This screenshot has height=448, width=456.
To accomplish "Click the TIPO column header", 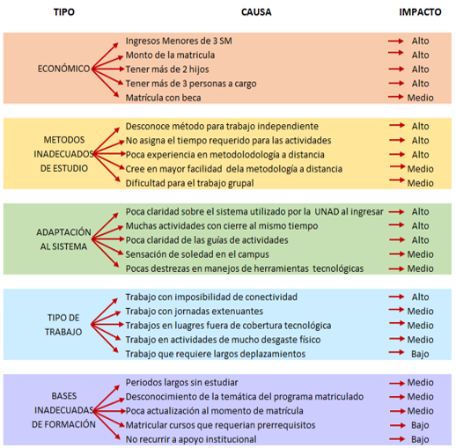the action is [x=64, y=12].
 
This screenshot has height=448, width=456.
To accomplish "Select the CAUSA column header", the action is [x=256, y=12].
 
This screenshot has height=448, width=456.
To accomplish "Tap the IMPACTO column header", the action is [x=420, y=12].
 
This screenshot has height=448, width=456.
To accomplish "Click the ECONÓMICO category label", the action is [x=63, y=69].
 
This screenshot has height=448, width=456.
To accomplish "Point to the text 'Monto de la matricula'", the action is [x=170, y=55].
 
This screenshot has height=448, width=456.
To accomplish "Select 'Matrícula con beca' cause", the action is [x=163, y=98].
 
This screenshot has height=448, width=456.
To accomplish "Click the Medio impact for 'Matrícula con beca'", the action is [x=420, y=98].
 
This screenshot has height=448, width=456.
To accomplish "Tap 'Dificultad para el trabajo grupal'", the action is [x=189, y=183].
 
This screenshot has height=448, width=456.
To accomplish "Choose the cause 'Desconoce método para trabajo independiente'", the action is [x=222, y=126].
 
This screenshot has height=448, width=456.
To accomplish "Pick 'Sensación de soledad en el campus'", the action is [x=197, y=254].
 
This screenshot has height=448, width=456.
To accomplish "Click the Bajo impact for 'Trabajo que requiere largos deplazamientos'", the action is [x=420, y=354].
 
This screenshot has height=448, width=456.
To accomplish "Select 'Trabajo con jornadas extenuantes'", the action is [x=195, y=311].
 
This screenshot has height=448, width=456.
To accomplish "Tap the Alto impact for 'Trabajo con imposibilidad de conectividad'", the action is [x=420, y=297].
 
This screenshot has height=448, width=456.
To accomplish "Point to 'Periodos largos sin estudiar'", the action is [x=181, y=382].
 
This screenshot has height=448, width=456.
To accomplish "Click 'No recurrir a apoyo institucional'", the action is [x=191, y=439].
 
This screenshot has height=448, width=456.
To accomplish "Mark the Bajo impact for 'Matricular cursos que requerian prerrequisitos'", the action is [x=420, y=425].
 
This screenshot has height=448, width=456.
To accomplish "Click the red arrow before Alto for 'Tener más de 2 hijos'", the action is [x=396, y=70].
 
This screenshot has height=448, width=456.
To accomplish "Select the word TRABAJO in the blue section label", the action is [x=63, y=332].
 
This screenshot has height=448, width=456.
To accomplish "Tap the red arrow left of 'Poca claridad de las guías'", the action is [x=107, y=239].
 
